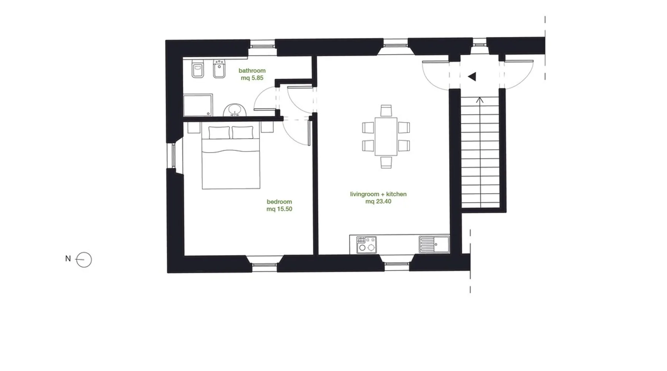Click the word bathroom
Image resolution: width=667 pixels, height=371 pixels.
pyautogui.click(x=252, y=70)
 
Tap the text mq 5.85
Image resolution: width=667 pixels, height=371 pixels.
pyautogui.click(x=252, y=78)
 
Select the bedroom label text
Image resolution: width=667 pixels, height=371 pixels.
pyautogui.click(x=279, y=202)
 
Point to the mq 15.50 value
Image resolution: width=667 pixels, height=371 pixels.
pyautogui.click(x=279, y=209)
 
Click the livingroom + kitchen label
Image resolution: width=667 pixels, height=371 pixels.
pyautogui.click(x=378, y=194)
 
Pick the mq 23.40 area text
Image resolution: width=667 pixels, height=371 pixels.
pyautogui.click(x=378, y=201)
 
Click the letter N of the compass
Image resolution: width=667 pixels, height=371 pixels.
pyautogui.click(x=68, y=259)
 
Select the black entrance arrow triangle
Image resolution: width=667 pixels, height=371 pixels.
pyautogui.click(x=472, y=77)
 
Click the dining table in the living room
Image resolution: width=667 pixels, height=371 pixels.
pyautogui.click(x=386, y=136)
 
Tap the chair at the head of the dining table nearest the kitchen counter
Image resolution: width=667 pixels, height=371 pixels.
pyautogui.click(x=386, y=162)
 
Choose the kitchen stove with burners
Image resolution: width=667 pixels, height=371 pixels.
pyautogui.click(x=366, y=245)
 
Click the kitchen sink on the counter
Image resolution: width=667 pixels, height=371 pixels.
pyautogui.click(x=434, y=244)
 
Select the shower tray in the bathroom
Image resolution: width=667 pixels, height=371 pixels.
pyautogui.click(x=198, y=105)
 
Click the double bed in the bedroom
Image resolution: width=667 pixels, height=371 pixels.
pyautogui.click(x=230, y=157)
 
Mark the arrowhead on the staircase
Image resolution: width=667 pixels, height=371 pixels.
pyautogui.click(x=480, y=99)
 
